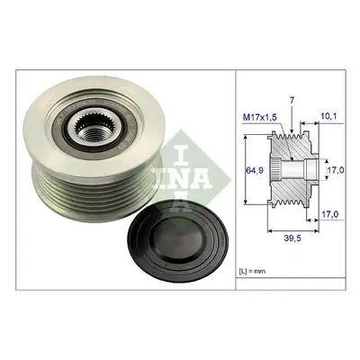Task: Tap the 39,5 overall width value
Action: click(x=292, y=238)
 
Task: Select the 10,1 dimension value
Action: click(x=327, y=115)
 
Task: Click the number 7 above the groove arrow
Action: click(x=292, y=101)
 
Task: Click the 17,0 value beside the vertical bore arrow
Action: click(x=335, y=170)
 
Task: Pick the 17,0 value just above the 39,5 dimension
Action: click(x=330, y=214)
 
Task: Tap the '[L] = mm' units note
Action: click(x=252, y=272)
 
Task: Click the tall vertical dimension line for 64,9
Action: click(x=246, y=169)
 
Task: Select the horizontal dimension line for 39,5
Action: click(x=292, y=230)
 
